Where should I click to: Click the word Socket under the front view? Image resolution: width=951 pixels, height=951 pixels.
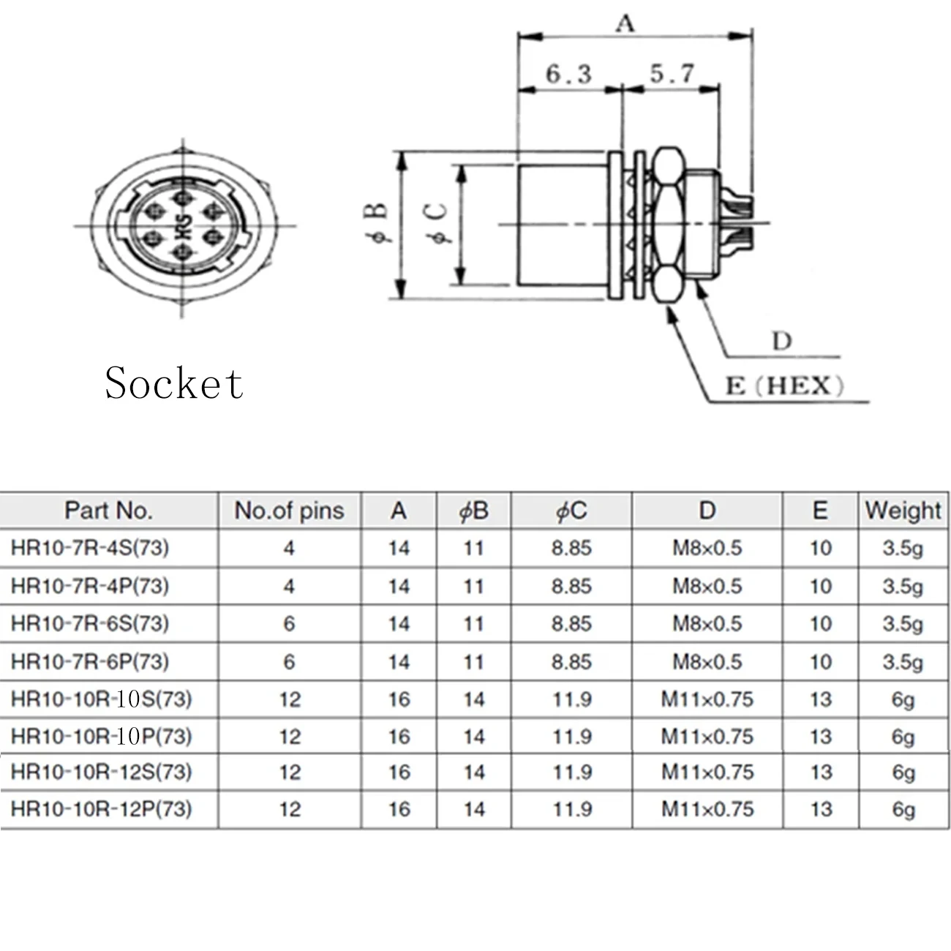tap(173, 383)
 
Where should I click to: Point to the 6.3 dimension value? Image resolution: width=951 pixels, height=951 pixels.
tap(568, 74)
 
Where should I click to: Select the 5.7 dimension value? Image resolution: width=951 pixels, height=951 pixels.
tap(672, 74)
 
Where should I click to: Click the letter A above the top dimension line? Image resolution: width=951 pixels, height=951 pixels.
tap(625, 23)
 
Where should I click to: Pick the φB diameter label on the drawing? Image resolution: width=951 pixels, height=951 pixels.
tap(376, 223)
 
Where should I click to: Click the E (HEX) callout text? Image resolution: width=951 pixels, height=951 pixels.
tap(785, 386)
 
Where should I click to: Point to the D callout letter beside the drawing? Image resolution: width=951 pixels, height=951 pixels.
tap(782, 341)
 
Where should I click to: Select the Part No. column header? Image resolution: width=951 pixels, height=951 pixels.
tap(108, 511)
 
